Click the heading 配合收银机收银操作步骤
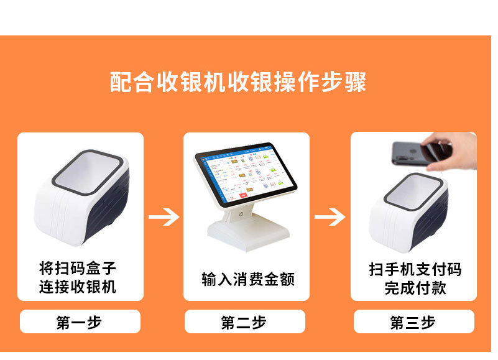coord(238,82)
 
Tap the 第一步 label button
coord(80,321)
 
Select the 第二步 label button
coord(245,321)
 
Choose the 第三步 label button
coord(414,321)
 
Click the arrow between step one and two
coord(164,217)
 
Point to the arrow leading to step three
coord(330,217)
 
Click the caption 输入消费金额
coord(248,279)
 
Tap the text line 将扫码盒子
coord(78,268)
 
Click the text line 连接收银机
coord(78,286)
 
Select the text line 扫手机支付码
coord(415,269)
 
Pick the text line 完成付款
coord(415,288)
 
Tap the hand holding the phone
coord(453,152)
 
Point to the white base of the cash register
coord(249,234)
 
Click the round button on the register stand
coord(241,215)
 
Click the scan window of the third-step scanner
coord(414,191)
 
